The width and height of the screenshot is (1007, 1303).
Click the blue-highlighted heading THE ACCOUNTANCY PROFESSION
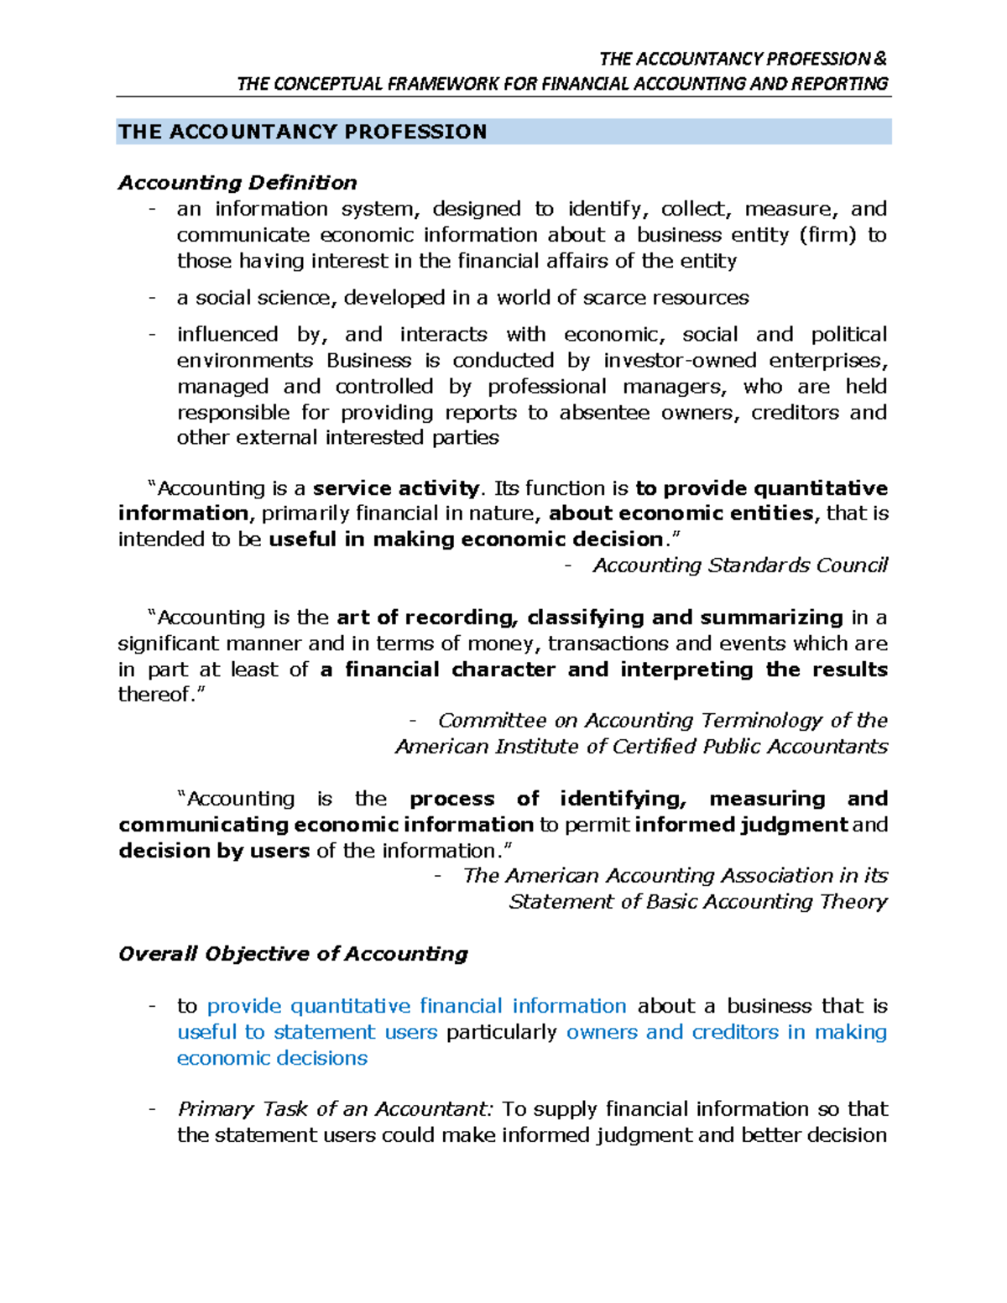302,132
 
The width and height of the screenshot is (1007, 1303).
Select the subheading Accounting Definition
237,183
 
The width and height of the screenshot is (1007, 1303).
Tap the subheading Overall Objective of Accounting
293,954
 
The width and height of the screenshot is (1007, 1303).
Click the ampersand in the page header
879,59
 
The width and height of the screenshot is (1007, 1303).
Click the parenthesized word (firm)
828,235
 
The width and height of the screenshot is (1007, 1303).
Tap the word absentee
604,413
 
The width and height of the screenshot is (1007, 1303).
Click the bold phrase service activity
395,488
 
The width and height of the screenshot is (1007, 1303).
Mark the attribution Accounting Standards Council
739,566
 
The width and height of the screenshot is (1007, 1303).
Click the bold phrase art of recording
425,618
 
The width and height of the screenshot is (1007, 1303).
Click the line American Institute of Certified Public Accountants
641,747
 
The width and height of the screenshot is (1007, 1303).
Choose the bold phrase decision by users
214,851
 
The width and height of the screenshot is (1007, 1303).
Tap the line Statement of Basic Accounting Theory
697,902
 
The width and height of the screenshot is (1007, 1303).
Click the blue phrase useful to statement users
307,1032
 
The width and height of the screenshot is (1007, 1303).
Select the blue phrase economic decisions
272,1058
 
